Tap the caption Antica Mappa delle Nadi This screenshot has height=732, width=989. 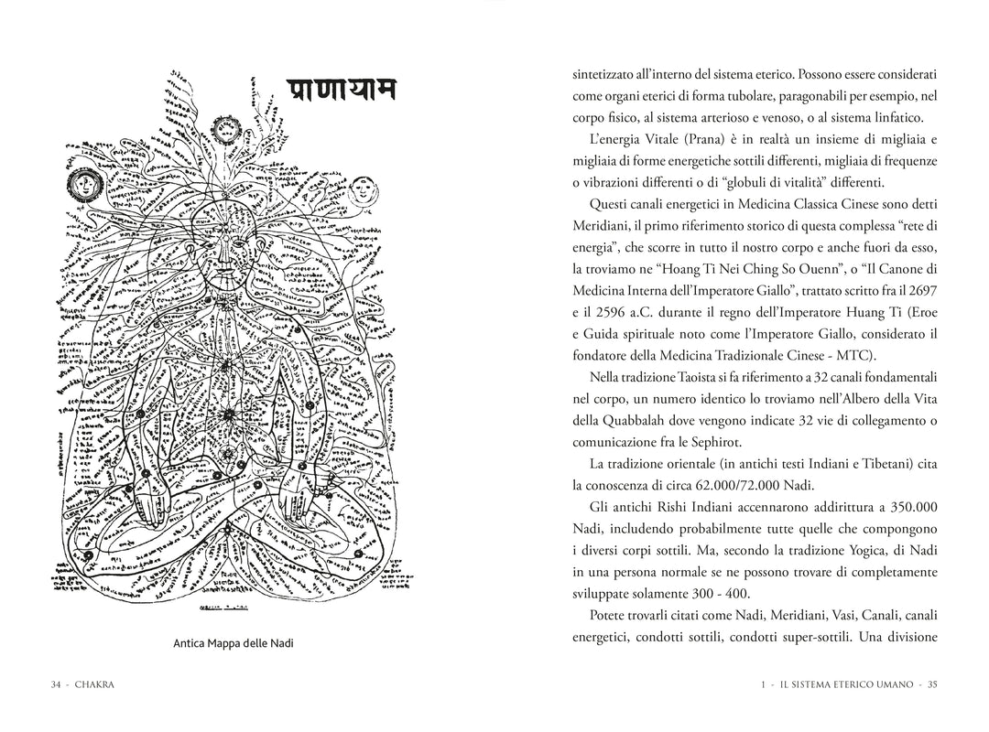coord(234,643)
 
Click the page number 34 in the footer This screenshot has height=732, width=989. coord(56,684)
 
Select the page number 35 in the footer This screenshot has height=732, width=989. coord(930,684)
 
